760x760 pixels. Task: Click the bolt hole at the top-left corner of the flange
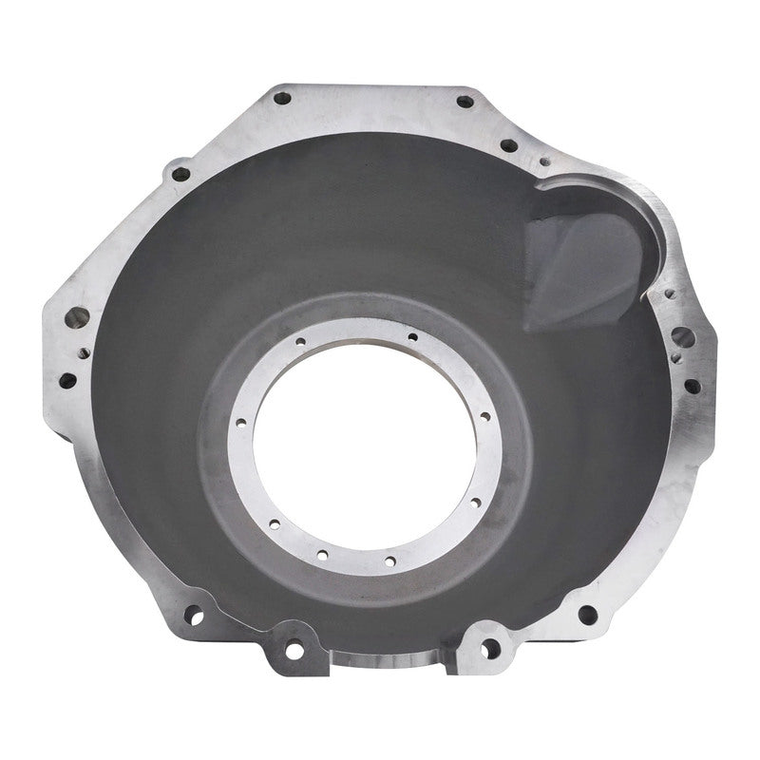tap(281, 97)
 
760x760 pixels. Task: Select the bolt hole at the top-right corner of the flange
tap(465, 101)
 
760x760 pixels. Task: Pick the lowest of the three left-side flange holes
tap(67, 380)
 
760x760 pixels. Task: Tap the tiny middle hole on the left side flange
tap(85, 351)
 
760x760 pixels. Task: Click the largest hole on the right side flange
tap(680, 335)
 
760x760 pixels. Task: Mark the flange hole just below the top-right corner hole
tap(509, 145)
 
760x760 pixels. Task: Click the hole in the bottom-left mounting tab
tap(294, 651)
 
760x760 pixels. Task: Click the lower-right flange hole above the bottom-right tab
tap(587, 615)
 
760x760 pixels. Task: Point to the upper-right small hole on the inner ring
tap(413, 336)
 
